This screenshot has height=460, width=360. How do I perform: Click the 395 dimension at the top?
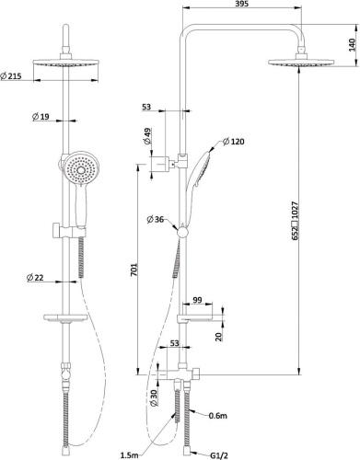pyautogui.click(x=242, y=4)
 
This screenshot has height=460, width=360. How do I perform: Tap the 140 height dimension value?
pyautogui.click(x=353, y=44)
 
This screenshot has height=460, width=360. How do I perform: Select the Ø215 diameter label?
pyautogui.click(x=11, y=76)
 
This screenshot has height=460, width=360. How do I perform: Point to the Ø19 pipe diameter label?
pyautogui.click(x=41, y=117)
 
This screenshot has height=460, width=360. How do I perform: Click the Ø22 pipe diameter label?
pyautogui.click(x=35, y=278)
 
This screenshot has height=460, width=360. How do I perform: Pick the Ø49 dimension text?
pyautogui.click(x=147, y=136)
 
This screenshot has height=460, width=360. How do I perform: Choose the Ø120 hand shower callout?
pyautogui.click(x=234, y=142)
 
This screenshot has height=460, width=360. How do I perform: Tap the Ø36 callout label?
pyautogui.click(x=156, y=220)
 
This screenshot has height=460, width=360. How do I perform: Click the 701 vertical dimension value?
pyautogui.click(x=134, y=270)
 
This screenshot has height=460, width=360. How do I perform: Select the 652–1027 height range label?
pyautogui.click(x=295, y=221)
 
